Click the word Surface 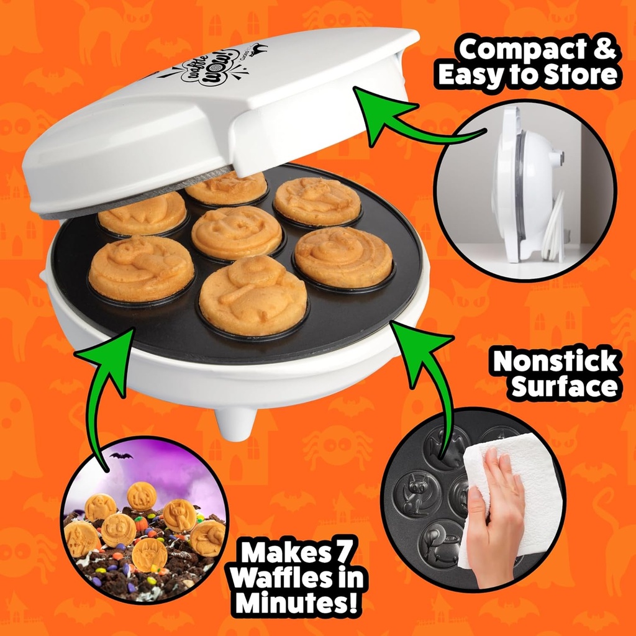pyautogui.click(x=565, y=386)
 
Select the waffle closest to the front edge pyautogui.click(x=253, y=295)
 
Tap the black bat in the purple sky pyautogui.click(x=121, y=456)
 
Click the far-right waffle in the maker pyautogui.click(x=343, y=257)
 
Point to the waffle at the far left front pyautogui.click(x=142, y=268)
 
